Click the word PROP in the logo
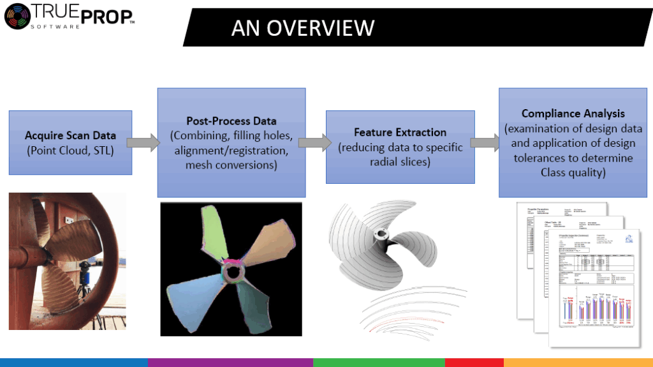[109, 17]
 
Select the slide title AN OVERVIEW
[302, 27]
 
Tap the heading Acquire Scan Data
[70, 135]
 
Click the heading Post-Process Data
[231, 121]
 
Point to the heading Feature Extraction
[400, 132]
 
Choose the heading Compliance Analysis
[573, 114]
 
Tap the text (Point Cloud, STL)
[70, 150]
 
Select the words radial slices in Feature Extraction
[400, 163]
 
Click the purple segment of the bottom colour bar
[230, 363]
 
